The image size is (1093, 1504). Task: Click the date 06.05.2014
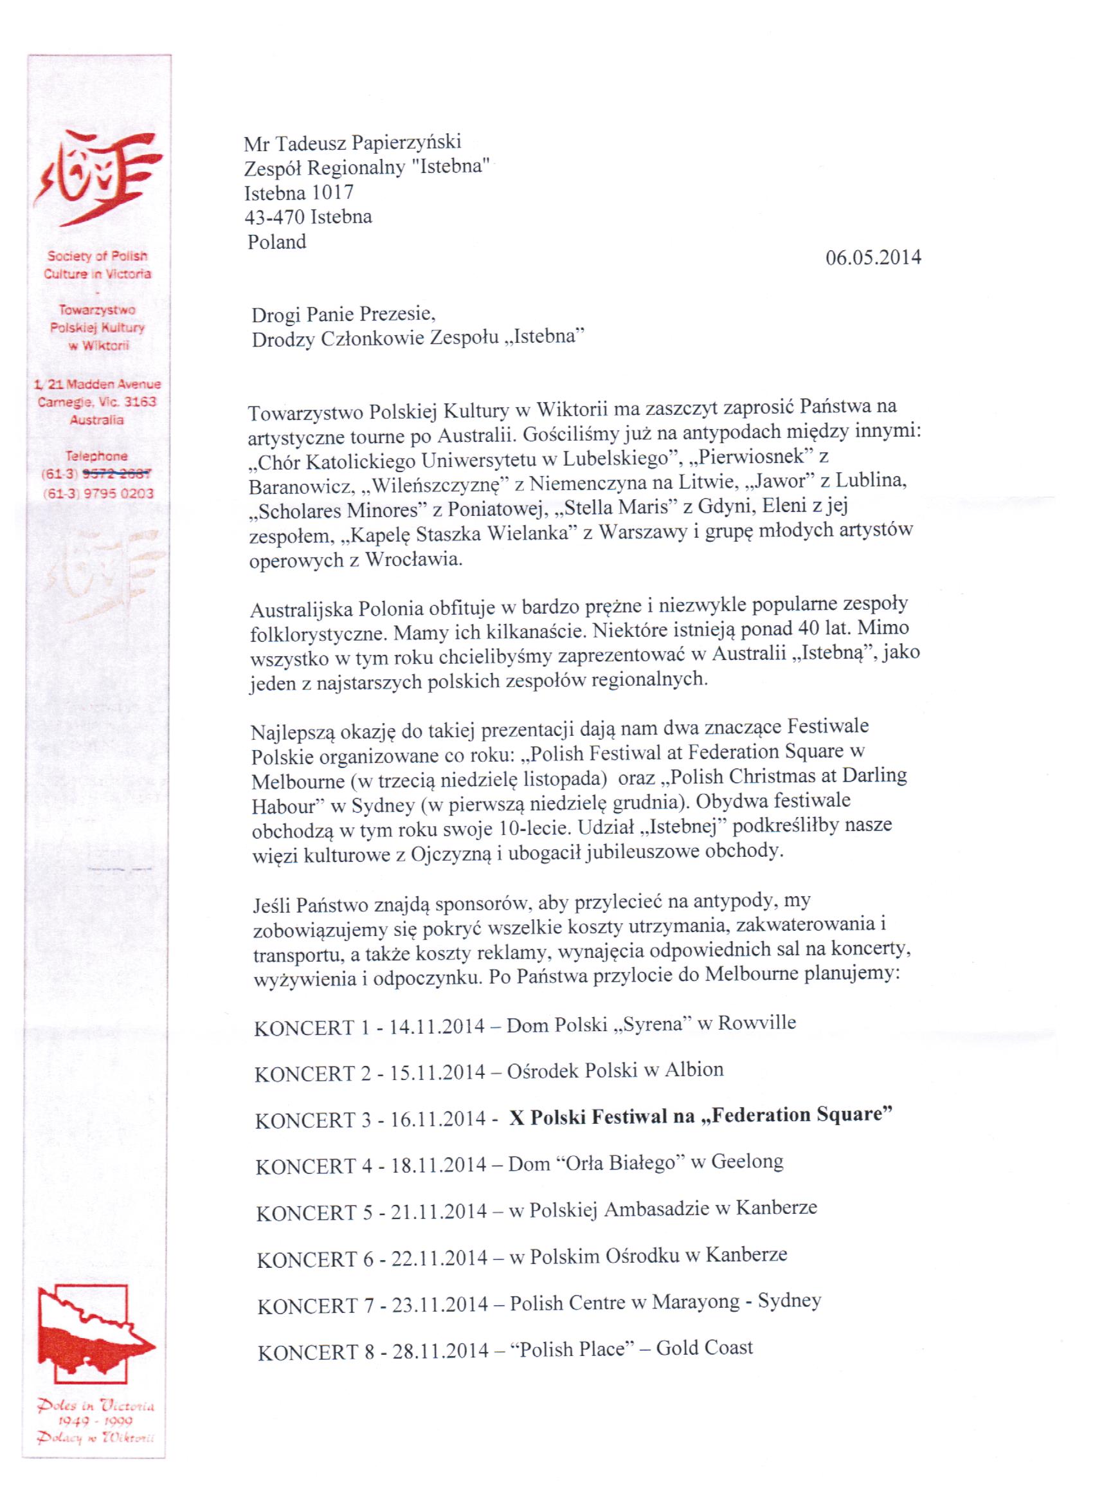872,257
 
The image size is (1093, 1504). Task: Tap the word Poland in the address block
276,242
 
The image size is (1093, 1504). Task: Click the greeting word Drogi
275,314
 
